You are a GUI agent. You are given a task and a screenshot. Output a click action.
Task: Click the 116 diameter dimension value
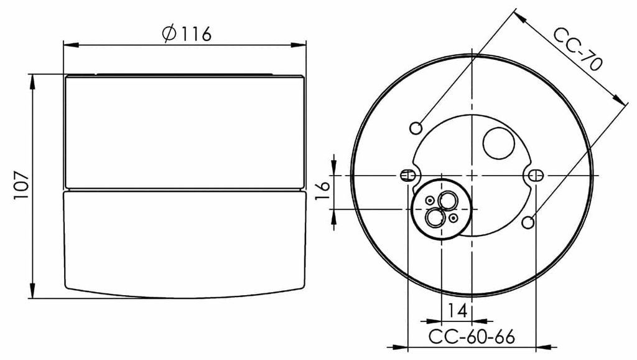195,34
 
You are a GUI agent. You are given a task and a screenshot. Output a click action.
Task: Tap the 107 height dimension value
21,186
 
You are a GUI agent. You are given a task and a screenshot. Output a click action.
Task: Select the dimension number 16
323,191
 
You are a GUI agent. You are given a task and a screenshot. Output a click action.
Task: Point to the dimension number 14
457,311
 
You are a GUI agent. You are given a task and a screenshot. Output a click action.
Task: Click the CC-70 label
578,49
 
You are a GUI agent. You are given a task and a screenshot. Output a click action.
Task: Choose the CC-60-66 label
472,337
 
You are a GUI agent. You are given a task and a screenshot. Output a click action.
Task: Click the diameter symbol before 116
169,34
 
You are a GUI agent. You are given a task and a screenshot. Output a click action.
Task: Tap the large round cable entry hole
499,143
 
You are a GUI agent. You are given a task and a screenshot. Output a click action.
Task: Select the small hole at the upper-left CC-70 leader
416,128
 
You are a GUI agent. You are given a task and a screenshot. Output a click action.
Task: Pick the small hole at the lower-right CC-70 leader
529,222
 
